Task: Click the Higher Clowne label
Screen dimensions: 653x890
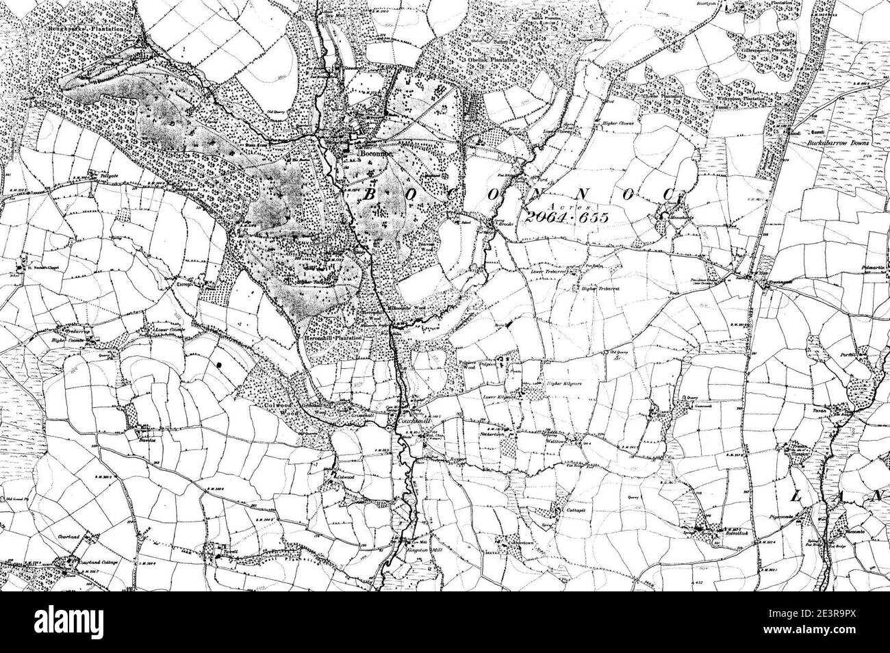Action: [618, 123]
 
